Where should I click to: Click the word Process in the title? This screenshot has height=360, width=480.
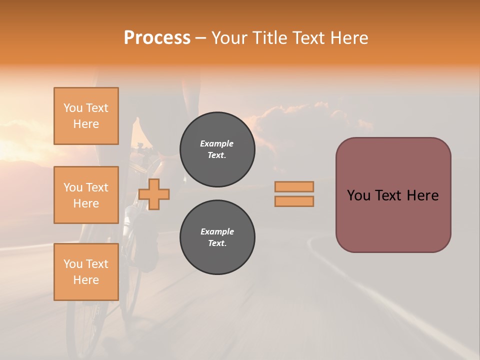click(157, 38)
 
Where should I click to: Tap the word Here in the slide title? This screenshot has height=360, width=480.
click(348, 38)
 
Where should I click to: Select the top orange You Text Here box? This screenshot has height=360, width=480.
click(86, 116)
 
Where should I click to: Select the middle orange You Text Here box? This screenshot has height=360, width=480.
click(86, 195)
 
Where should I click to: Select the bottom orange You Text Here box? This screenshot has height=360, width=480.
click(86, 272)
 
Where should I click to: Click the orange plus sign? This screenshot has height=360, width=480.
click(154, 194)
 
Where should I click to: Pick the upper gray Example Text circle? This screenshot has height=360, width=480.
click(217, 149)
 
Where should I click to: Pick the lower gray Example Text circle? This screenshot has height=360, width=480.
click(217, 237)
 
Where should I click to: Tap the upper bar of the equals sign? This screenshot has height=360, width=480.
click(294, 186)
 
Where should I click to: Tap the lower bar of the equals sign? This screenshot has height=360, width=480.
click(294, 201)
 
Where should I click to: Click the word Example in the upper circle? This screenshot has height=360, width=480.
click(217, 144)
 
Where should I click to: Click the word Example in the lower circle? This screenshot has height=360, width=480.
click(217, 232)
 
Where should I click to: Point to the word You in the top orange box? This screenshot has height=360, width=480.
click(73, 108)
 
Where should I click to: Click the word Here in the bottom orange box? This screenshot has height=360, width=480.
click(86, 280)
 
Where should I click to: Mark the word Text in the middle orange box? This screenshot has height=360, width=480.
click(97, 187)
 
